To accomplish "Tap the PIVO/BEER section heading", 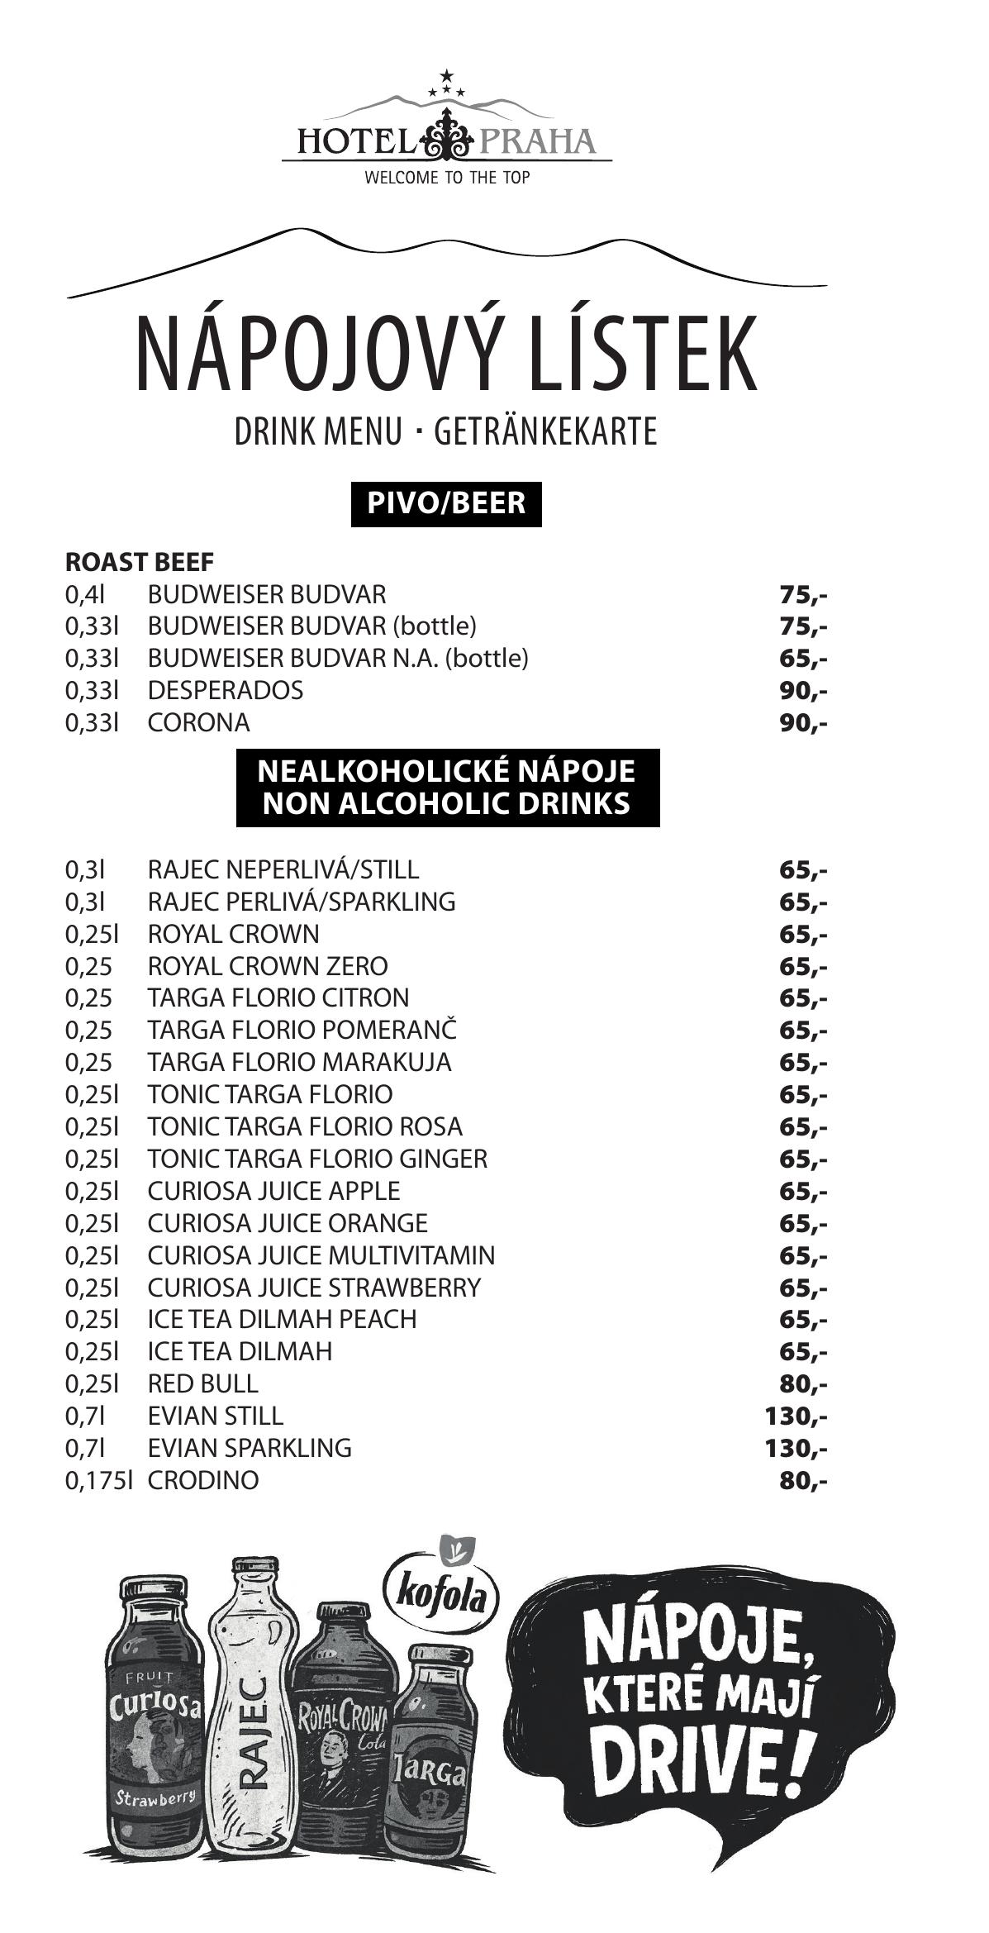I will click(446, 502).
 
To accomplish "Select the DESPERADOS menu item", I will click(225, 690).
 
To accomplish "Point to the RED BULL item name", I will click(202, 1383).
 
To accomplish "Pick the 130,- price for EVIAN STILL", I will click(796, 1416).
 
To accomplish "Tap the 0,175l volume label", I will click(98, 1480).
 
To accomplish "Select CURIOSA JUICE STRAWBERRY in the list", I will click(314, 1288).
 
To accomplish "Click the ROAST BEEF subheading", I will click(139, 562).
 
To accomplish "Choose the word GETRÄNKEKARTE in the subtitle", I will click(545, 432).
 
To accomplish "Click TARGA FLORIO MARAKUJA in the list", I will click(299, 1062).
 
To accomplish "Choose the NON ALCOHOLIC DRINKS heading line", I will click(447, 803).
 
